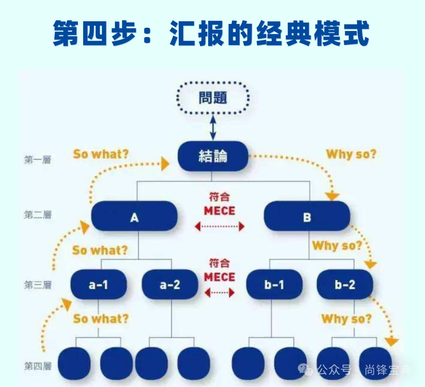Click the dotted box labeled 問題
[213, 98]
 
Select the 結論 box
[213, 156]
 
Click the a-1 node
[98, 285]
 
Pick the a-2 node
[170, 285]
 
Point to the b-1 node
[274, 285]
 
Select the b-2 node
[345, 285]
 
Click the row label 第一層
[38, 160]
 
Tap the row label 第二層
[38, 215]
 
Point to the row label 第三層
[38, 285]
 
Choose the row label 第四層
[38, 366]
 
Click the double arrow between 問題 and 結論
[213, 127]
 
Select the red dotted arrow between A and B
[219, 227]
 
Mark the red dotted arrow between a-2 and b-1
[219, 293]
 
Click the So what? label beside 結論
[101, 154]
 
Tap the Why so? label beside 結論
[351, 154]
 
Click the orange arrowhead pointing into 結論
[165, 164]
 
